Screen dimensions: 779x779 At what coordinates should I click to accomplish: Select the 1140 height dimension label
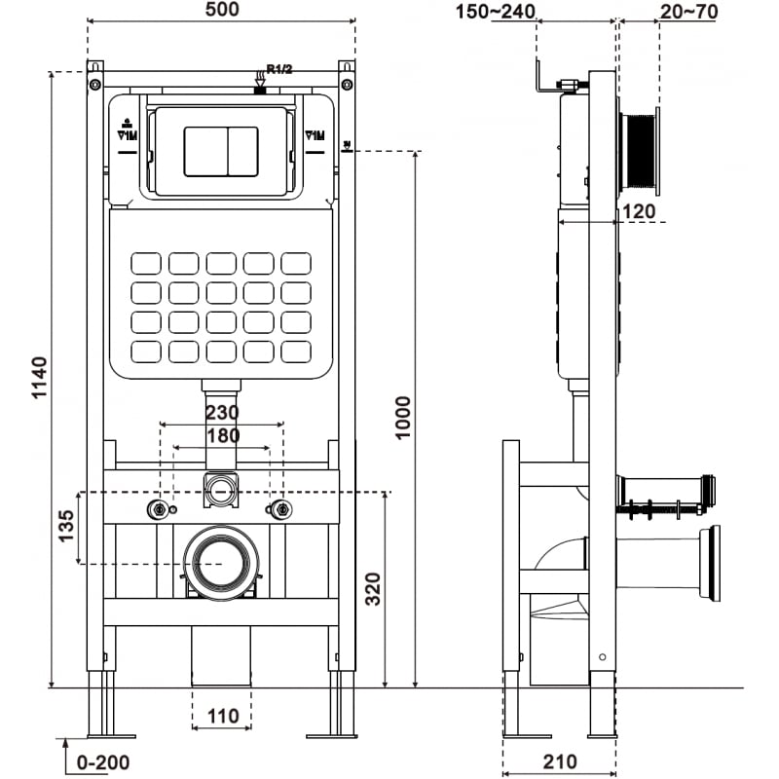[x=38, y=380]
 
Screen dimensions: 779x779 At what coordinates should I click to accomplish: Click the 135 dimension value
[x=64, y=526]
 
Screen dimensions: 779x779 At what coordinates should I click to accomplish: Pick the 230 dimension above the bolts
[x=221, y=413]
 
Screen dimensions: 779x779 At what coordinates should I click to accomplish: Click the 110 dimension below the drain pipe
[x=222, y=716]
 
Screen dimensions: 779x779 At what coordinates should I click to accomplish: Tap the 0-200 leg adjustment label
[x=103, y=762]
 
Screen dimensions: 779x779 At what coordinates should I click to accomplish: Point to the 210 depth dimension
[x=560, y=761]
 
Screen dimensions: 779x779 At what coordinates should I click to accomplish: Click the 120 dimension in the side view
[x=638, y=211]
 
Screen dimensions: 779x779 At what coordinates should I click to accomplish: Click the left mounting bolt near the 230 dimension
[x=156, y=509]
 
